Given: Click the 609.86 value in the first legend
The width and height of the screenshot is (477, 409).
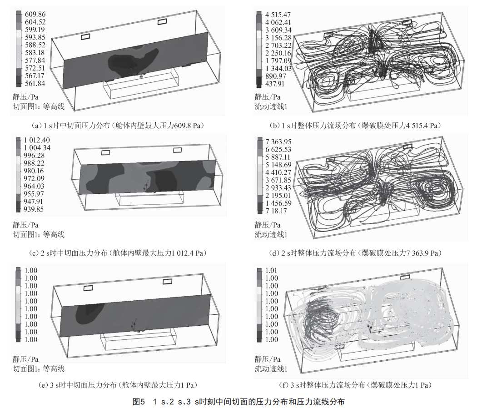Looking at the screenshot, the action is (35, 14).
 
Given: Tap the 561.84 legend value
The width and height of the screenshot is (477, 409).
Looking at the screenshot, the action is (35, 83).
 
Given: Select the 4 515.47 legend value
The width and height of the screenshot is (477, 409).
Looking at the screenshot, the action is (278, 15).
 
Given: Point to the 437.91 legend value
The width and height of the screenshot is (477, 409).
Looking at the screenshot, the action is (275, 83).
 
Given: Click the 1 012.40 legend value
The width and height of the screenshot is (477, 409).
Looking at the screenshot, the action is (37, 140).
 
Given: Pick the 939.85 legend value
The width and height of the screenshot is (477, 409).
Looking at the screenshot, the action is (34, 209).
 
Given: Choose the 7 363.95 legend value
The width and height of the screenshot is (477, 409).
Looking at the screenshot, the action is (278, 141).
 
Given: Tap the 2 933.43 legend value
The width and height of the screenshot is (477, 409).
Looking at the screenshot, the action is (278, 187).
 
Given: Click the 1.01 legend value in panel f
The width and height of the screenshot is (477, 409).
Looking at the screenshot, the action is (272, 270).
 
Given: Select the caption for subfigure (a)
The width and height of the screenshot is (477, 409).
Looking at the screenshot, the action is (117, 126).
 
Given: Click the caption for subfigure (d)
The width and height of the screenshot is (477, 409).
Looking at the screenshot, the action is (355, 253).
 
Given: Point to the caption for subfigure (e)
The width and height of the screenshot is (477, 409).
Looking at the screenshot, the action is (118, 385).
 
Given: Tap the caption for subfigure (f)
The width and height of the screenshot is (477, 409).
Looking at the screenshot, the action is (355, 385).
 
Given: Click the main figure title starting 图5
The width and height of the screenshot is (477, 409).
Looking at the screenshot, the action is (238, 401).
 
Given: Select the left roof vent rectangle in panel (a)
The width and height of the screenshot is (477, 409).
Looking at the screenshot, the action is (85, 36).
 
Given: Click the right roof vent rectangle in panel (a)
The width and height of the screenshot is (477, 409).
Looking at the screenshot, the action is (162, 22).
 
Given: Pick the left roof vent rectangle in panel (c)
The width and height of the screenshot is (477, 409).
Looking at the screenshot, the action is (105, 152).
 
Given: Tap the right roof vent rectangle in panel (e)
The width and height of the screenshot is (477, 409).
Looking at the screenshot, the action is (167, 282).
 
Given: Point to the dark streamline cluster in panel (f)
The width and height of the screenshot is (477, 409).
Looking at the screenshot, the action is (319, 318).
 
